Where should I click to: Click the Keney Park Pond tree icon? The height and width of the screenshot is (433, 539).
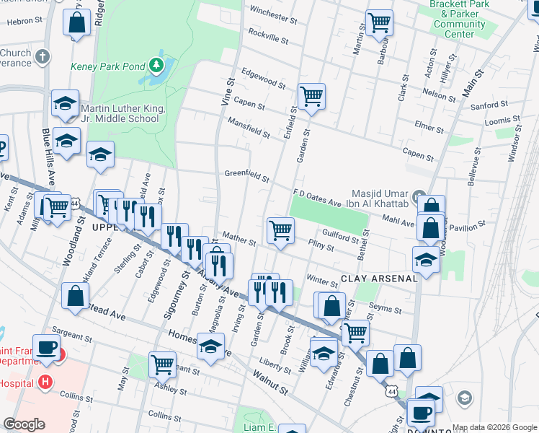click(156, 66)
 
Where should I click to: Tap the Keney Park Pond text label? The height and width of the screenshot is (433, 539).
click(108, 66)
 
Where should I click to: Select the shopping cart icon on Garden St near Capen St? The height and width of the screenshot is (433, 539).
click(311, 95)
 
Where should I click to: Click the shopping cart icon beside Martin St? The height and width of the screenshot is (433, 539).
click(379, 22)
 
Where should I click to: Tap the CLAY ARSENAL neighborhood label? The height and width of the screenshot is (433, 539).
click(378, 278)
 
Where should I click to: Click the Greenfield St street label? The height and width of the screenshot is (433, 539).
click(246, 175)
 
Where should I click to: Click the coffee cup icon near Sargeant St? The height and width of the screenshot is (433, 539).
click(48, 347)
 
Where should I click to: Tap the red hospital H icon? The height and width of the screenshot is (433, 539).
click(46, 381)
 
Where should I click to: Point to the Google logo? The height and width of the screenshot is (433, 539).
click(24, 424)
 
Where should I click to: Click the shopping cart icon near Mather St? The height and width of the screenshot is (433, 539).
click(280, 230)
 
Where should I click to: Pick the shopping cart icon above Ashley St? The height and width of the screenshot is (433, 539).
click(162, 364)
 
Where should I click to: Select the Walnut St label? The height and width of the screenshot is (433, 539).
click(270, 382)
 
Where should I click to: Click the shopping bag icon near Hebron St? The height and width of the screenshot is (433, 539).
click(76, 22)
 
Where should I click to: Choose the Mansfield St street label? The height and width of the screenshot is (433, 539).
click(249, 129)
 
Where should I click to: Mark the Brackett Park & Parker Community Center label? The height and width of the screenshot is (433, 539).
click(460, 19)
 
